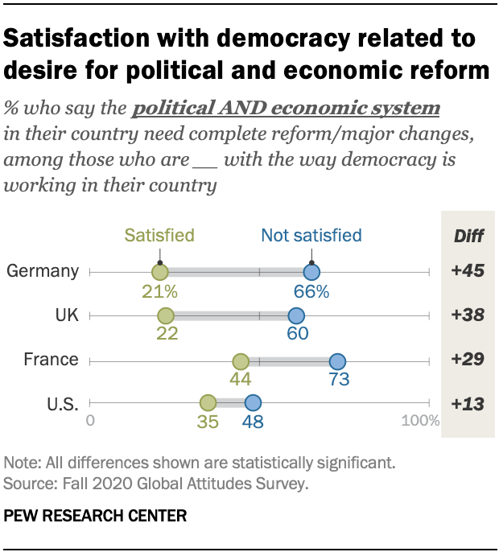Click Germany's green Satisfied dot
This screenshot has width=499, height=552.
(159, 272)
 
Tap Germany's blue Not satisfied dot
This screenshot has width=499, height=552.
(311, 272)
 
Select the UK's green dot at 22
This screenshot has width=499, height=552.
(166, 315)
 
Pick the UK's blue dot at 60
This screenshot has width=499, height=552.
(296, 315)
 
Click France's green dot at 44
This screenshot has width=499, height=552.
(240, 360)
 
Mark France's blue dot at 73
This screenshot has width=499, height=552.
(337, 360)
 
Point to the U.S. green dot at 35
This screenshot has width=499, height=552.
(208, 402)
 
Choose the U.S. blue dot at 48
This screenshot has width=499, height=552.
(253, 402)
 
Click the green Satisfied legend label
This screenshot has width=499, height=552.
(159, 236)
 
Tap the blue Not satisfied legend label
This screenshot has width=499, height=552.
(311, 236)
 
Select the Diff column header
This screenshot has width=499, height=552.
(468, 236)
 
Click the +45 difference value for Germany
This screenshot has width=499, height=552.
(468, 272)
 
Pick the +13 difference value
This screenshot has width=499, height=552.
(468, 404)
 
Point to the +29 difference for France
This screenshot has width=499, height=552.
(468, 360)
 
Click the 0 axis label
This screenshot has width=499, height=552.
(90, 421)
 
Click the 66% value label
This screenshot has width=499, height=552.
(311, 291)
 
